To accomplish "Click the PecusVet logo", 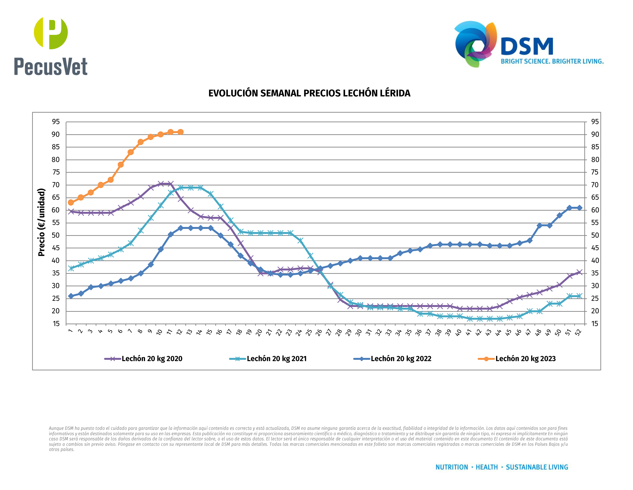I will point(51,46).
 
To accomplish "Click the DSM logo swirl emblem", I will point(475,43).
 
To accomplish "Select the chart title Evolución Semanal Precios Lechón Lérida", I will point(309,93).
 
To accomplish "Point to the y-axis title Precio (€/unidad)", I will point(42,222).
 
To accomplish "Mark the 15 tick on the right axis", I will point(595,324).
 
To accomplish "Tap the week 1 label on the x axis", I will point(70,331).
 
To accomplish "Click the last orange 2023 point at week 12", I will point(181,132).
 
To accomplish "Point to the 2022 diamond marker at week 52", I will point(579,208).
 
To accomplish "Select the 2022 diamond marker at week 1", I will point(71,296).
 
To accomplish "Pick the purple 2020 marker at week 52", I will point(579,272).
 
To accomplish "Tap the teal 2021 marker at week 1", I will point(71,269).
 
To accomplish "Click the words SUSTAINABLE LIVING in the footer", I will point(537,467).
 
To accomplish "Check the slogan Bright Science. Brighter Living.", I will point(552,61).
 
